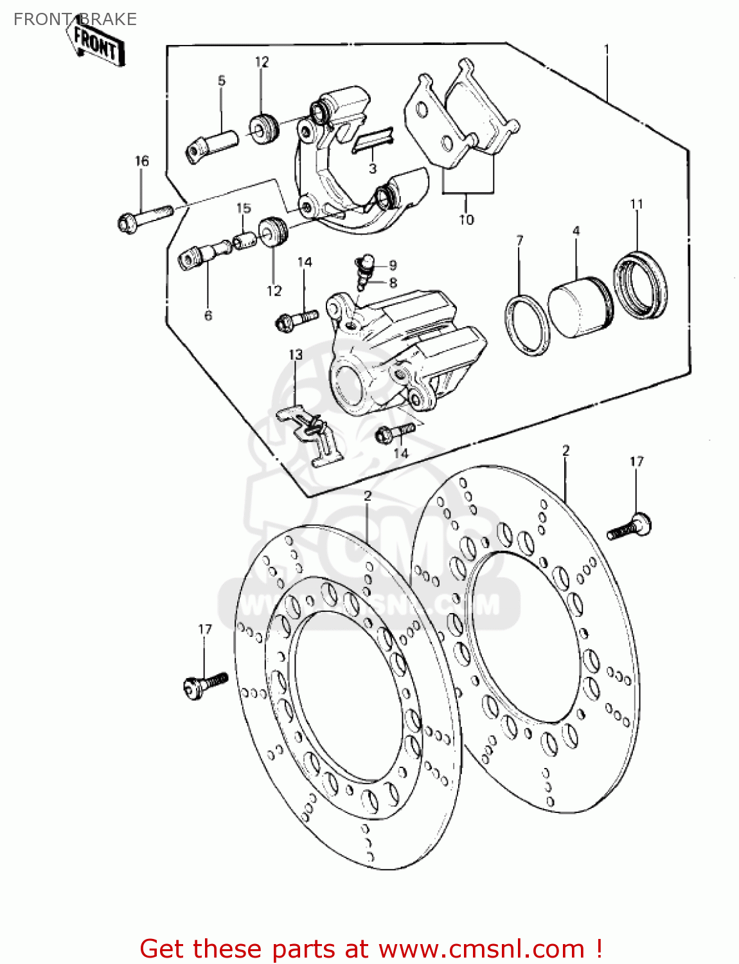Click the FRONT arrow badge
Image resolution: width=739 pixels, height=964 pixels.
(x=96, y=45)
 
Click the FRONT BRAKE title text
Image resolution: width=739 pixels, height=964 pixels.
(x=75, y=19)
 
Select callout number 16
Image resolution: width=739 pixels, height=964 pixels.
(x=141, y=161)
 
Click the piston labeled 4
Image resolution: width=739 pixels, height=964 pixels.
(x=580, y=307)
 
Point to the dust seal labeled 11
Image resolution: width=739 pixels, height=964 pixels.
(x=639, y=285)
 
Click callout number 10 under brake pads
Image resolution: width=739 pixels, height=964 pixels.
(x=466, y=220)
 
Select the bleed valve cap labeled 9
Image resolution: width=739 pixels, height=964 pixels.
(x=368, y=261)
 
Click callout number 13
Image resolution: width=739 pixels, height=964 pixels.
(x=295, y=355)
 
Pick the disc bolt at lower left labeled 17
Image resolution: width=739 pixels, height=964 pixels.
(x=204, y=683)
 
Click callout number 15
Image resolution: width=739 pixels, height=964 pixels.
(x=244, y=208)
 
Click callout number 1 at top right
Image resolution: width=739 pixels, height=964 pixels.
(x=606, y=49)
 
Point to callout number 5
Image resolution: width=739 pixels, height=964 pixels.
(x=222, y=81)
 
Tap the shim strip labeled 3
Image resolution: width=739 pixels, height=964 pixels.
(x=373, y=139)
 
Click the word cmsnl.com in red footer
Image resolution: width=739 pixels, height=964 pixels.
(x=481, y=949)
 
